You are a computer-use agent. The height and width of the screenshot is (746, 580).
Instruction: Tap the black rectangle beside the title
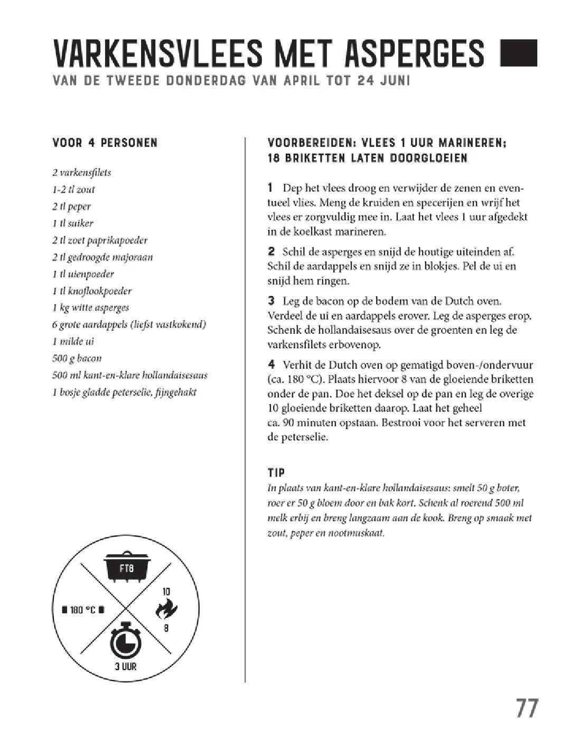click(518, 53)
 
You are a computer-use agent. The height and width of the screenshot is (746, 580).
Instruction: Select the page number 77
click(526, 708)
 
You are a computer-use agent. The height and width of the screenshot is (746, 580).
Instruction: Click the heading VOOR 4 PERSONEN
click(105, 143)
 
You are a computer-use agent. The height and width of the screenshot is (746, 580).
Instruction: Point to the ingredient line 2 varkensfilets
click(82, 172)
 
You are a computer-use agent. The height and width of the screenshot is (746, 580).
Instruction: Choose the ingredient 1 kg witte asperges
click(90, 307)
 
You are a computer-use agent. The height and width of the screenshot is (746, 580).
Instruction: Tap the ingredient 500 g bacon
click(77, 358)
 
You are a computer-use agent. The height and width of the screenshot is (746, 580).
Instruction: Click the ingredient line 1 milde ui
click(73, 341)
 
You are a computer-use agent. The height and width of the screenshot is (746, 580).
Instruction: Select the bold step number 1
click(270, 188)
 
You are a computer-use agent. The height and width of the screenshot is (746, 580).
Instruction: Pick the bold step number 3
click(271, 301)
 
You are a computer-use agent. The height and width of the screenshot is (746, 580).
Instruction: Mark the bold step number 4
click(272, 365)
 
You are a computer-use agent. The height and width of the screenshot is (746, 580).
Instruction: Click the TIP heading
click(277, 472)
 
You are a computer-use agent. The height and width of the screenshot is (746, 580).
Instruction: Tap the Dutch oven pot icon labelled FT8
click(127, 567)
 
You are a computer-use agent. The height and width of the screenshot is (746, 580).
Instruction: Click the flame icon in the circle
click(166, 610)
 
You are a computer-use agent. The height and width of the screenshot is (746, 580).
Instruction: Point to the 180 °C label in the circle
click(83, 610)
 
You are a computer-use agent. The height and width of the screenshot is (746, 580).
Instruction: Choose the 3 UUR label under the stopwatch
click(126, 666)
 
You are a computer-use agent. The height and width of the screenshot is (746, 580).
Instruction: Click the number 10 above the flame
click(166, 592)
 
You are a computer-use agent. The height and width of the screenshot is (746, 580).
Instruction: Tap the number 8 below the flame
click(166, 628)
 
